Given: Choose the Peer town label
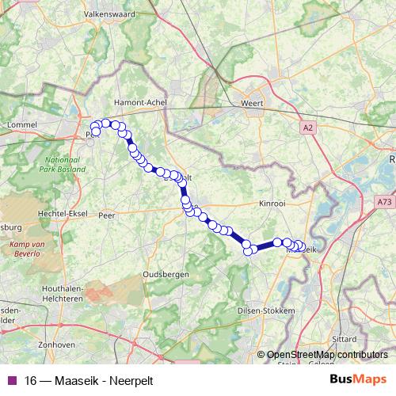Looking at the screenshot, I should [x=106, y=215].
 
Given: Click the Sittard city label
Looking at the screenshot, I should [x=345, y=338].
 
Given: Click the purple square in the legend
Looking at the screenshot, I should [x=12, y=380].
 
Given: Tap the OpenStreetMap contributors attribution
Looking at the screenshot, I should [x=327, y=356].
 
